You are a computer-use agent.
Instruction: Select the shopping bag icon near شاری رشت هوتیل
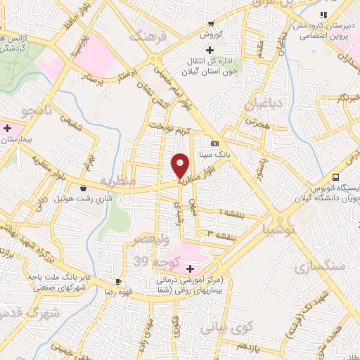coord(84,188)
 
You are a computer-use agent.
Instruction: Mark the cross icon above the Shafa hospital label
coord(190,269)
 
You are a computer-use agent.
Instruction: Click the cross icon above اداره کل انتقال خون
coord(210,50)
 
